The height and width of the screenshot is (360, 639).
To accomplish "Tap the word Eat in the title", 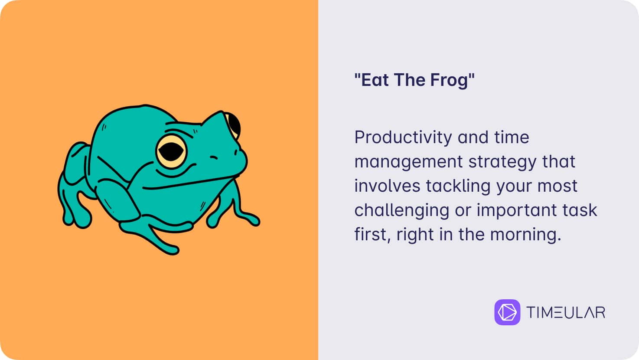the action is [x=375, y=80].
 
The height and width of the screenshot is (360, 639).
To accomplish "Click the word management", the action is [x=408, y=162].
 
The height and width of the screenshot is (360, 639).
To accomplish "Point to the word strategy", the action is [x=502, y=162].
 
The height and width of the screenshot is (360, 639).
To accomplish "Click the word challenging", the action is [x=402, y=210].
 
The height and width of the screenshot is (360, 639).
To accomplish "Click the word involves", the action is [x=387, y=186].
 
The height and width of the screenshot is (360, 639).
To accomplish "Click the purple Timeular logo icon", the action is [x=507, y=312].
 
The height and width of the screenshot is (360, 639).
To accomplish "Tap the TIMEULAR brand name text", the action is [x=566, y=312].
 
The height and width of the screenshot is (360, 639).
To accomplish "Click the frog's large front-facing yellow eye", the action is [x=171, y=152].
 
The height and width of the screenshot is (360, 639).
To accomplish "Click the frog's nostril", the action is [x=214, y=157].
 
